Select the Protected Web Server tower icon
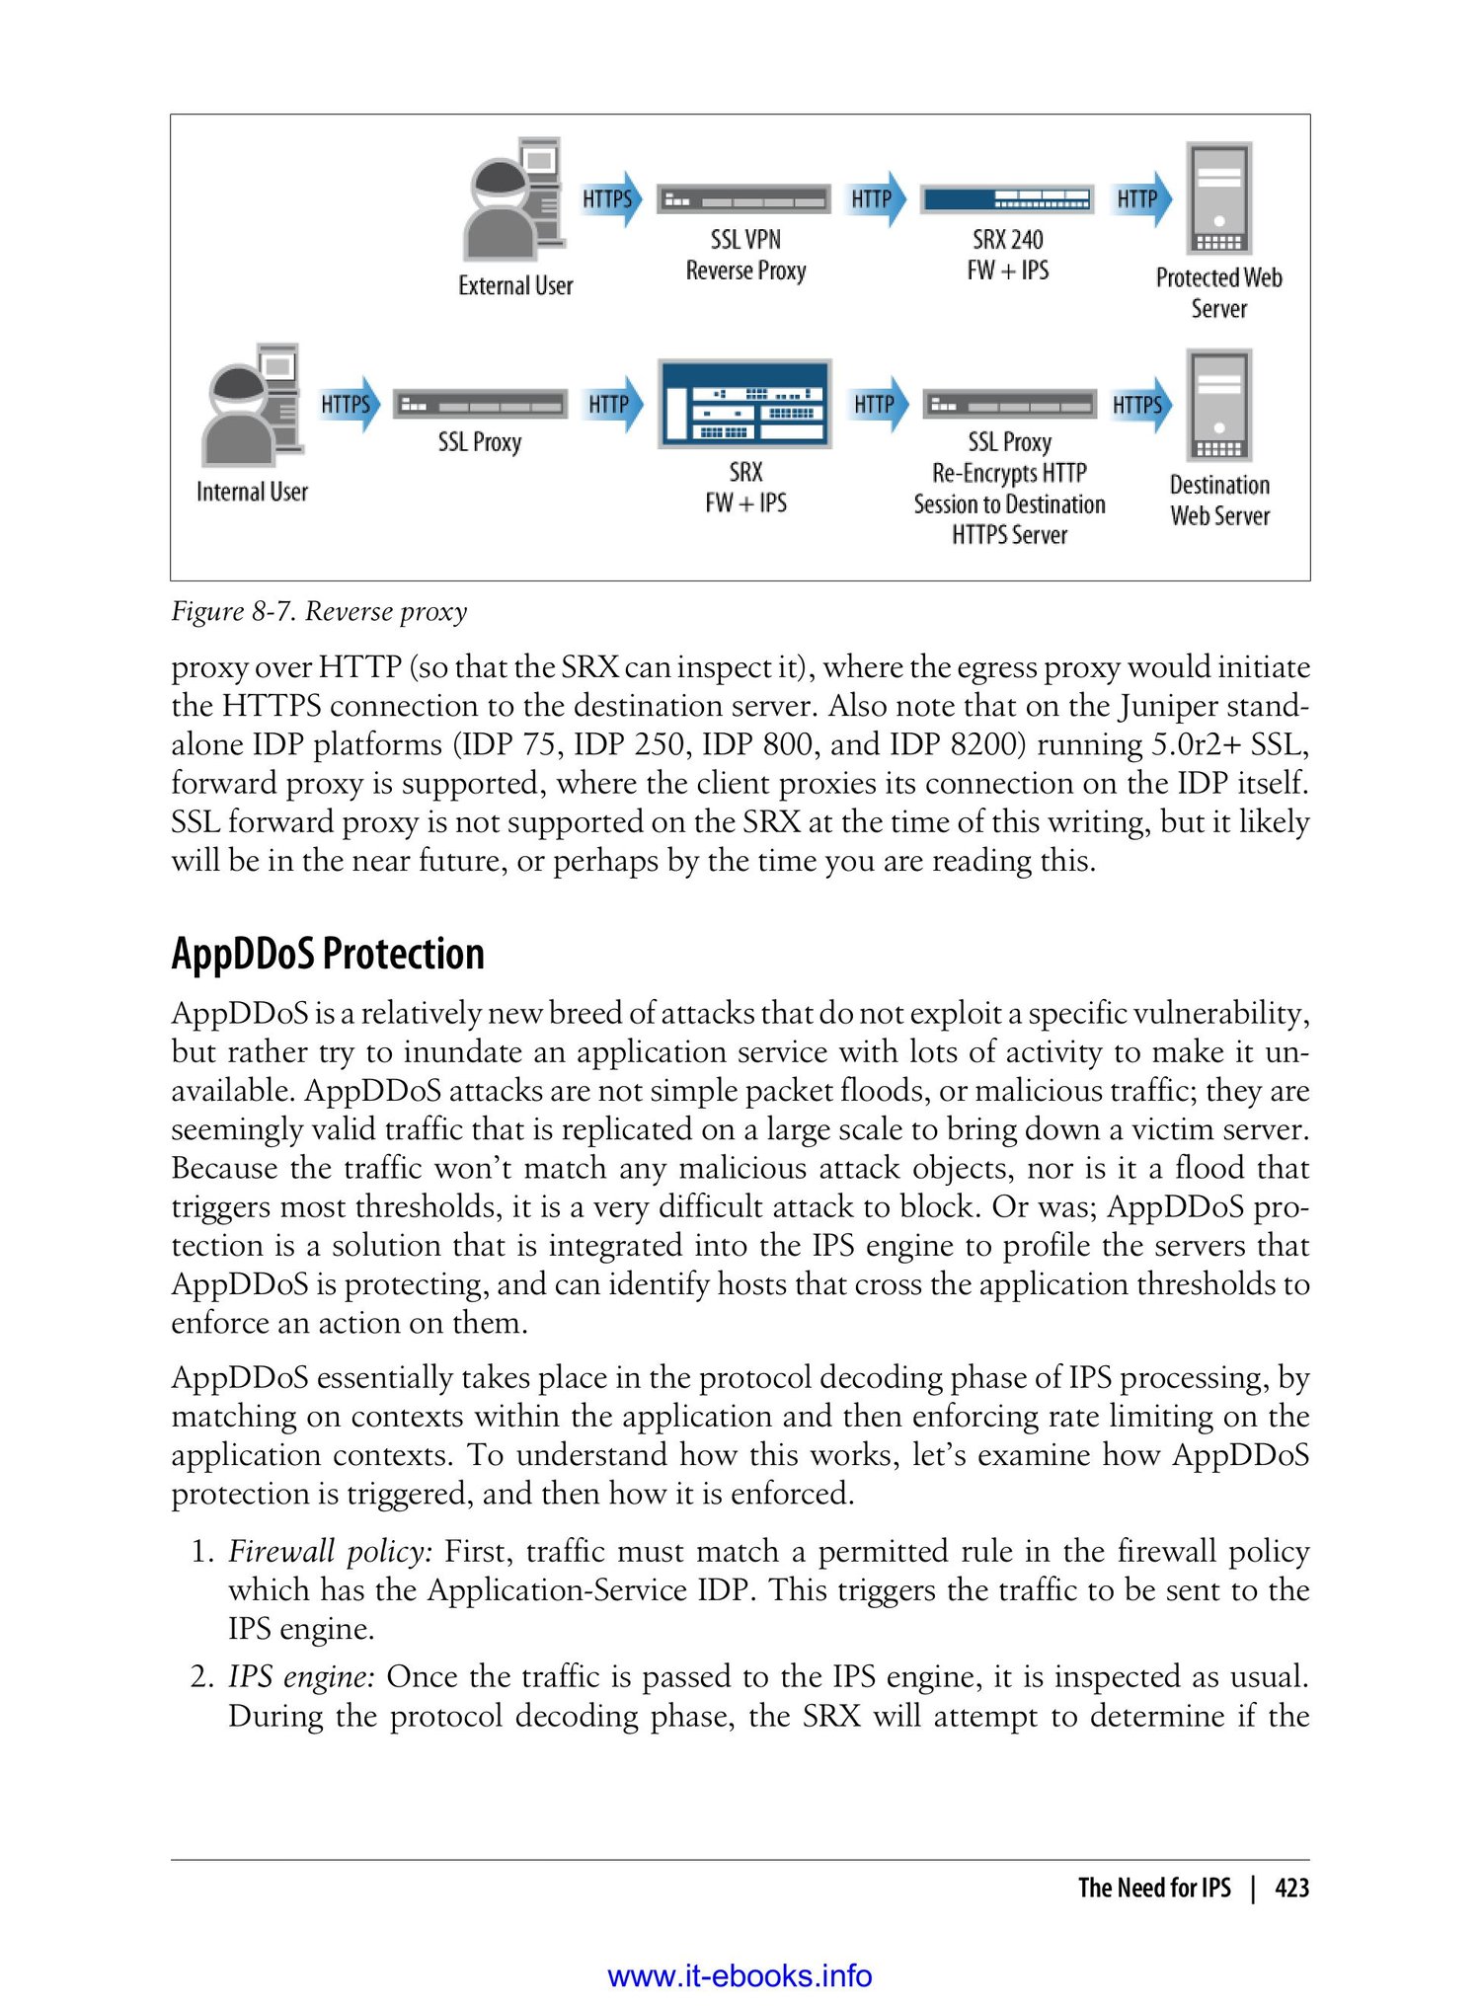point(1219,198)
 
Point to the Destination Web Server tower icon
point(1220,405)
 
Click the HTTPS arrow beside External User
point(610,199)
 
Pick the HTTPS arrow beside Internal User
point(349,405)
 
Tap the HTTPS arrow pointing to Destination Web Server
point(1140,405)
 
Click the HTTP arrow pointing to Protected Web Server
point(1141,199)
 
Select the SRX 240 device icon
point(1007,199)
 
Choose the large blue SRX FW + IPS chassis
point(745,405)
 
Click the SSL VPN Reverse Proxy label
point(745,255)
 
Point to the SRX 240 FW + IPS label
point(1007,255)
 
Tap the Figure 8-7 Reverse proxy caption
point(319,612)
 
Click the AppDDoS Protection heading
point(328,955)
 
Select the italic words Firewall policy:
point(331,1552)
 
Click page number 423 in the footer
point(1291,1889)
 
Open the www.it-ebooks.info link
point(740,1976)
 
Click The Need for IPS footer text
point(1154,1889)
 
